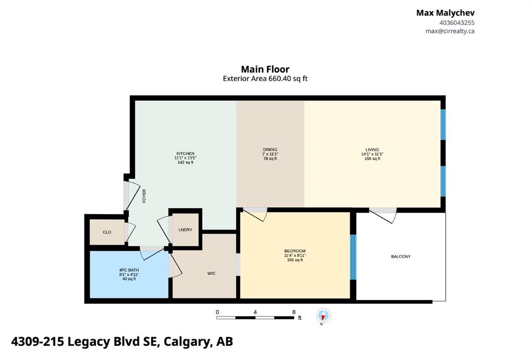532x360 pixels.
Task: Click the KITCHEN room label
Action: click(x=185, y=154)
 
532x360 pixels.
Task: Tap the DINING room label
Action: click(x=270, y=150)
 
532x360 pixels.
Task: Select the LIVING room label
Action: click(x=372, y=150)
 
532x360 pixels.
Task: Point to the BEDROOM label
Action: click(x=295, y=251)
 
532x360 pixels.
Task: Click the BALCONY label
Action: click(x=401, y=257)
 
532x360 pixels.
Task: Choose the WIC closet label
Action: click(x=211, y=273)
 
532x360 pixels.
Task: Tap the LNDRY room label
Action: click(x=185, y=230)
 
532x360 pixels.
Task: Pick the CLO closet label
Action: click(x=107, y=232)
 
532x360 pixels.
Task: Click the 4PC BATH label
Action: click(x=129, y=270)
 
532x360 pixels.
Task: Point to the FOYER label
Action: click(x=144, y=196)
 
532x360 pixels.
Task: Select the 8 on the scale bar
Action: click(x=294, y=312)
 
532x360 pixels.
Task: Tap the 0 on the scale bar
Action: click(x=217, y=312)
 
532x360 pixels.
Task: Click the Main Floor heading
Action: click(x=265, y=69)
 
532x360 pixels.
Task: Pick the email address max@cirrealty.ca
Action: click(x=450, y=31)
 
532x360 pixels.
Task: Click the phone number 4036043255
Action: click(x=457, y=23)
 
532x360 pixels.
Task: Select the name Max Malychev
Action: click(x=445, y=13)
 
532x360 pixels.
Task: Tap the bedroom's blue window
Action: click(x=353, y=257)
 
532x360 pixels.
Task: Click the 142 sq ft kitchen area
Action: click(x=185, y=162)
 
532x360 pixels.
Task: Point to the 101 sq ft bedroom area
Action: click(x=295, y=260)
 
